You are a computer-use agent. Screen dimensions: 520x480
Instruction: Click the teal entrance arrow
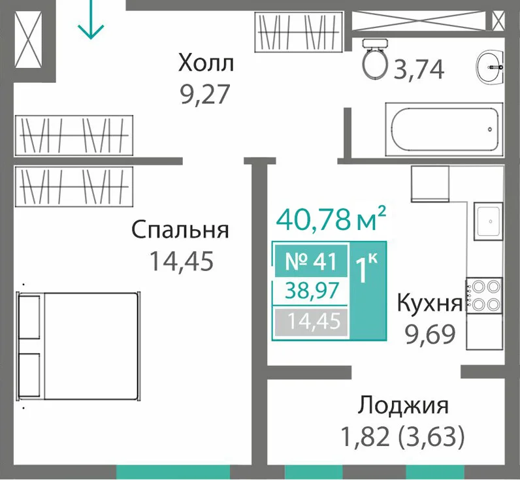tap(91, 19)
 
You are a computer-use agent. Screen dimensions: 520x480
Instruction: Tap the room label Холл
tap(206, 63)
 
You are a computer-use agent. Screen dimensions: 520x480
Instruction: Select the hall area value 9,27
tap(204, 94)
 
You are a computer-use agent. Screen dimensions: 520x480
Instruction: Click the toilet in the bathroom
tap(375, 59)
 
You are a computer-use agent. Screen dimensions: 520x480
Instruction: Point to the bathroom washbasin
tap(491, 67)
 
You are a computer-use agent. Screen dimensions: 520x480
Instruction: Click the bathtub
tap(444, 129)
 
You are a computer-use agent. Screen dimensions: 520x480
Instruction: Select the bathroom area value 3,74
tap(419, 71)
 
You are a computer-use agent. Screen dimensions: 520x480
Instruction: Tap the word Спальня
tap(180, 230)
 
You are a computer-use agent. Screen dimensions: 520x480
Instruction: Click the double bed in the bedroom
tap(79, 346)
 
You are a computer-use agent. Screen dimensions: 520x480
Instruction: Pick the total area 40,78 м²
tap(331, 219)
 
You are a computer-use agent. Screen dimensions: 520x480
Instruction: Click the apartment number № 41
tap(311, 261)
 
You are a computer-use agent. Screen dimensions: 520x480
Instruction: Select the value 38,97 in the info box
tap(312, 291)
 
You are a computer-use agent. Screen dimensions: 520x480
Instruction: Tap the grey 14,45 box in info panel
tap(311, 321)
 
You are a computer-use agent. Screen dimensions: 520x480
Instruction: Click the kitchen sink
tap(488, 221)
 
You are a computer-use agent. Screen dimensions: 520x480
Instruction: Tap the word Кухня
tap(429, 303)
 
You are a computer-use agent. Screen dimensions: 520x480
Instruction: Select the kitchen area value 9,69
tap(430, 335)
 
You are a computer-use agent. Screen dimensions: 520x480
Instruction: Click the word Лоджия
tap(403, 406)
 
